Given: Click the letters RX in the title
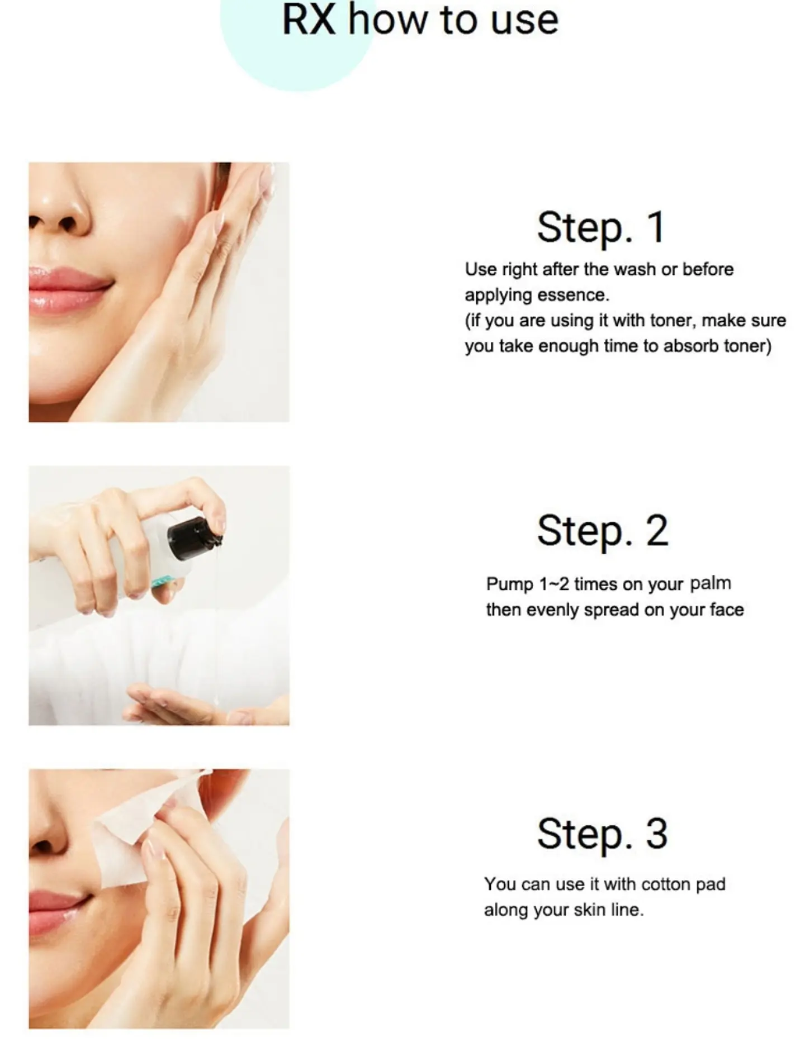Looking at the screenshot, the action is pyautogui.click(x=309, y=20).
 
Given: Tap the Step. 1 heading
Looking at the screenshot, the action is pyautogui.click(x=601, y=227).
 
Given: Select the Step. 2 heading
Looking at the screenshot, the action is pyautogui.click(x=603, y=530).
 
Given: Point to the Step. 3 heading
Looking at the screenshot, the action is pyautogui.click(x=602, y=834).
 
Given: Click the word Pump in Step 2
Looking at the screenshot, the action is pyautogui.click(x=510, y=584).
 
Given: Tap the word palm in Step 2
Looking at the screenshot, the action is pyautogui.click(x=711, y=583).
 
